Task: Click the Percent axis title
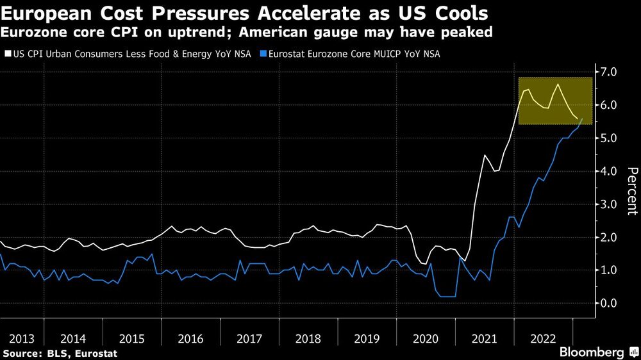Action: click(631, 190)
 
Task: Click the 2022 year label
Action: click(543, 339)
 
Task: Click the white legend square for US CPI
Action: click(7, 54)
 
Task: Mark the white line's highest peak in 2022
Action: click(558, 85)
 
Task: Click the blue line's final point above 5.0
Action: click(581, 119)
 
